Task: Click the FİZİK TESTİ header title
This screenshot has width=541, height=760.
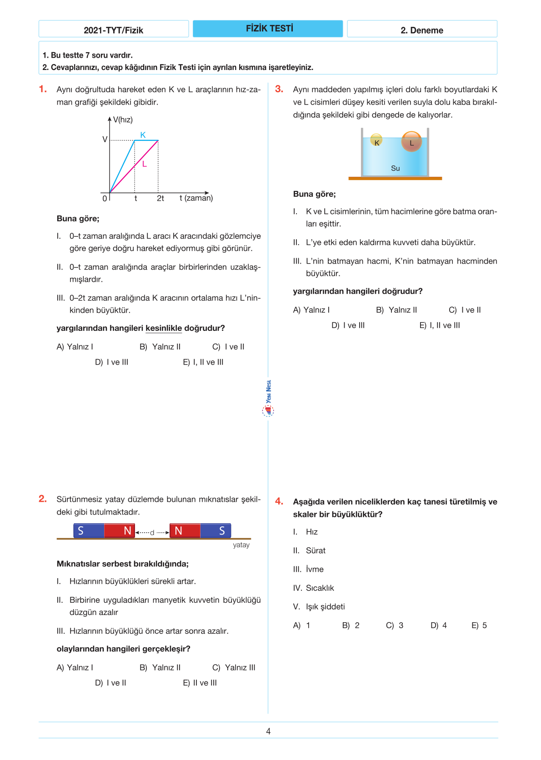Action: pos(269,29)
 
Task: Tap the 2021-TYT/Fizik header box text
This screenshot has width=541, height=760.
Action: pos(113,30)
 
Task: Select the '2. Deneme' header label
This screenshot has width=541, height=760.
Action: pos(421,30)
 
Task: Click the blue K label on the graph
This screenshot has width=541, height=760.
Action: pos(143,135)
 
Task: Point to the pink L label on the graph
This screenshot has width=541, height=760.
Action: pos(145,164)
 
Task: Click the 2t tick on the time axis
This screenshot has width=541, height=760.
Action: pos(160,198)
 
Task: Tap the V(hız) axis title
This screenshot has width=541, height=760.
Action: pos(123,120)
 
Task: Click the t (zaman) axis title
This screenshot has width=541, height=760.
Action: pos(196,198)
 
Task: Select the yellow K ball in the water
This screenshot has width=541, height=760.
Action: pos(376,140)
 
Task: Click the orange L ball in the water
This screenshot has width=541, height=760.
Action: pos(411,141)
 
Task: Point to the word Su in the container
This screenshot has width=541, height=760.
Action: pos(396,168)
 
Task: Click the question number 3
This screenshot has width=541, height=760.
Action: pos(279,89)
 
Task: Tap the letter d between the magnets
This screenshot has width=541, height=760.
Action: pos(152,532)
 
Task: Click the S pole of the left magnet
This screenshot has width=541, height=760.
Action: pos(81,530)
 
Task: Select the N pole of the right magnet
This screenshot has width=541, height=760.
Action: pos(179,530)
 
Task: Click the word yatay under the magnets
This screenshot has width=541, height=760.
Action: pos(241,545)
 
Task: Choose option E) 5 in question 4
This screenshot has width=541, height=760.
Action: pos(479,625)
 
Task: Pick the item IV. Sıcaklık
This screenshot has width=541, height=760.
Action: pos(314,588)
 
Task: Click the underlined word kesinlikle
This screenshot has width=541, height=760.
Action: pos(164,328)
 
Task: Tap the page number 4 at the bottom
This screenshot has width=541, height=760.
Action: pos(268,731)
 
